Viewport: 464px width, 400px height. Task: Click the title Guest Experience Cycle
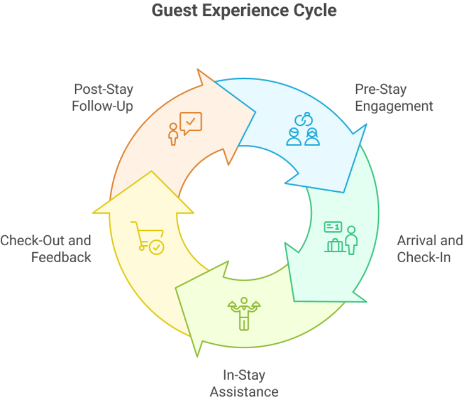pyautogui.click(x=243, y=10)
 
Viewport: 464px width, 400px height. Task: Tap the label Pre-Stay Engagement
pyautogui.click(x=394, y=98)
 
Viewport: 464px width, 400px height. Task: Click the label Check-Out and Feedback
pyautogui.click(x=46, y=249)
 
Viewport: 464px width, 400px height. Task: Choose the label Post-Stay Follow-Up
pyautogui.click(x=102, y=98)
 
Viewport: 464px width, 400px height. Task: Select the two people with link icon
pyautogui.click(x=303, y=130)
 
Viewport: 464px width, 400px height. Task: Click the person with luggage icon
pyautogui.click(x=340, y=238)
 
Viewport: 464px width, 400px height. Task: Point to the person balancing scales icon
pyautogui.click(x=243, y=312)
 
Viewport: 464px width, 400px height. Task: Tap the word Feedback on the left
pyautogui.click(x=61, y=257)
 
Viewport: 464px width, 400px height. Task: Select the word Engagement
pyautogui.click(x=394, y=106)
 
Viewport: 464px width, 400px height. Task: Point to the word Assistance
pyautogui.click(x=244, y=391)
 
